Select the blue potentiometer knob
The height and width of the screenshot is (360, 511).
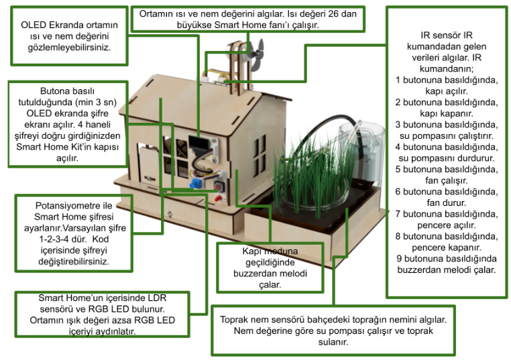click(x=196, y=182)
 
